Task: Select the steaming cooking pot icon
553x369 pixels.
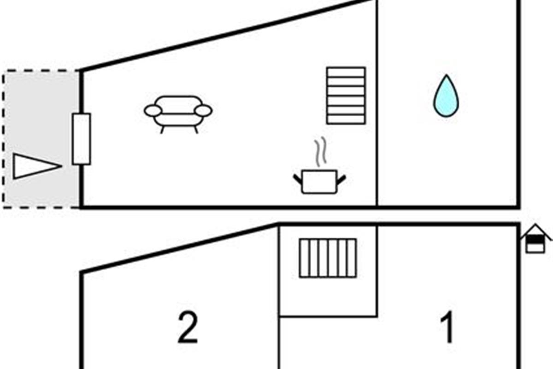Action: coord(319,180)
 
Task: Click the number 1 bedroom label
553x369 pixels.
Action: coord(447,328)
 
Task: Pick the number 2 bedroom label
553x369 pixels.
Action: coord(188,328)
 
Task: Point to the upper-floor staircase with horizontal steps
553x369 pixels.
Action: coord(346,95)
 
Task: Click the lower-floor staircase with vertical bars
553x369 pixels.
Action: coord(328,258)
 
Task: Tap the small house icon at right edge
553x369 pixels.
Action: coord(535,238)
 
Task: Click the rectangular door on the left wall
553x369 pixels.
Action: coord(82,139)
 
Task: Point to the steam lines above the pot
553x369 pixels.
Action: coord(320,152)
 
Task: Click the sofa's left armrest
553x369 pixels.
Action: coord(153,111)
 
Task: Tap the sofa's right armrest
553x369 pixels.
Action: coord(203,111)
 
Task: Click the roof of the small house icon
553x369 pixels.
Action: coord(535,230)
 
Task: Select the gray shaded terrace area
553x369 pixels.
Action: coord(41,115)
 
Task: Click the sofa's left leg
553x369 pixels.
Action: coord(162,130)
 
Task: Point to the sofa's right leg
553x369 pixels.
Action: coord(196,130)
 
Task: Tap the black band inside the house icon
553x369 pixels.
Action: coord(535,240)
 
